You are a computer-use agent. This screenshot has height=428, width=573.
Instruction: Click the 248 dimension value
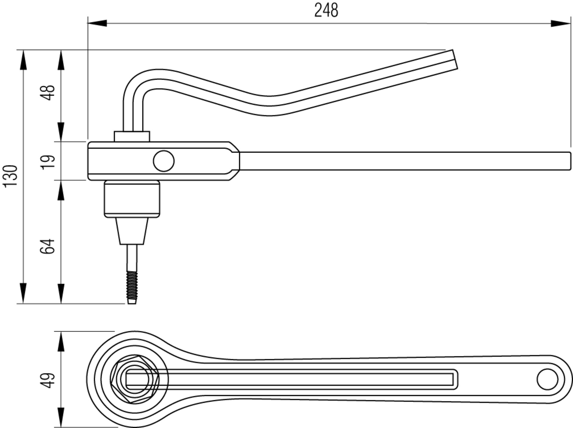coord(326,10)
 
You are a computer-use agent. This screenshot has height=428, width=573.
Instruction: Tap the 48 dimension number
coord(48,92)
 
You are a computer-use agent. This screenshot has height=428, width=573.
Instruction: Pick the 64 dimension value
coord(48,246)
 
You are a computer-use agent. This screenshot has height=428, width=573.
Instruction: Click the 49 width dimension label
coord(48,380)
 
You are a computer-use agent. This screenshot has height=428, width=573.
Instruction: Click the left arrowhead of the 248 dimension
coord(97,23)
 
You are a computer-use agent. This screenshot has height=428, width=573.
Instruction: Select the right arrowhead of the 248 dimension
coord(560,23)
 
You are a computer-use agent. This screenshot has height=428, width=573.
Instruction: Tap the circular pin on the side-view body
coord(164,161)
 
